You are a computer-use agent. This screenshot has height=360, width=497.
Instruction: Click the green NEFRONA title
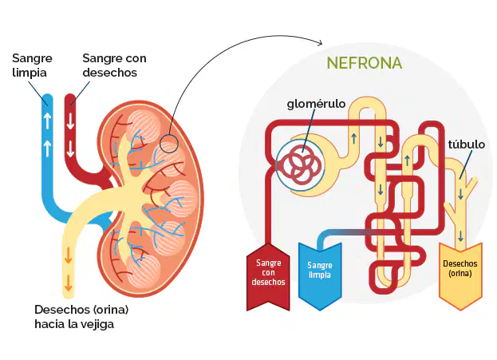[x=365, y=63]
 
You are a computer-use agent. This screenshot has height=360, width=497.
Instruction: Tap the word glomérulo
[x=316, y=104]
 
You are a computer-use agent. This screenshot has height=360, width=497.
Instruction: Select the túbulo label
[x=466, y=144]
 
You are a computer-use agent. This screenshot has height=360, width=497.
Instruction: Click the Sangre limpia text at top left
[x=32, y=65]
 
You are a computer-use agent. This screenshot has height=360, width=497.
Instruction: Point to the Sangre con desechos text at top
[x=114, y=65]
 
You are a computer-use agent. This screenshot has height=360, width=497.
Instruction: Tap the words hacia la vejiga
[x=74, y=324]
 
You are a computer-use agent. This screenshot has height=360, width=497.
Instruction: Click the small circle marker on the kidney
[x=169, y=144]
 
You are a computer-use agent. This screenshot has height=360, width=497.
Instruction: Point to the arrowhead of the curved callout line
[x=321, y=43]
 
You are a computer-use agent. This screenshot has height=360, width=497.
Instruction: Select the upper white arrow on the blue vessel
[x=47, y=121]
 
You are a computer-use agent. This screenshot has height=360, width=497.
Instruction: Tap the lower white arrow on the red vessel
[x=70, y=149]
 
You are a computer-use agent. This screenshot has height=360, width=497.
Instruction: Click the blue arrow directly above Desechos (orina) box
[x=460, y=236]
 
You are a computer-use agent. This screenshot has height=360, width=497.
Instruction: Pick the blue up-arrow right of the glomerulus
[x=354, y=139]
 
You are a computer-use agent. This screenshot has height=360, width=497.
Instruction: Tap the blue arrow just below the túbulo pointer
[x=460, y=194]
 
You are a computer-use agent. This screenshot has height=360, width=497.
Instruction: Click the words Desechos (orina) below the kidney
[x=81, y=310]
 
